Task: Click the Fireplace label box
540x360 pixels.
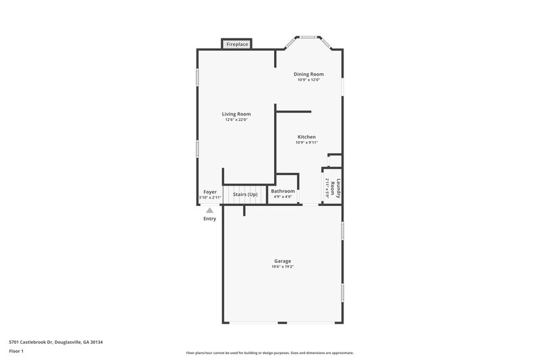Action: [x=237, y=45]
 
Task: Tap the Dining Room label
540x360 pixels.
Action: [x=308, y=74]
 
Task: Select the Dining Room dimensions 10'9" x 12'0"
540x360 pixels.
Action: [x=308, y=80]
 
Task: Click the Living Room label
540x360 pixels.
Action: [x=236, y=114]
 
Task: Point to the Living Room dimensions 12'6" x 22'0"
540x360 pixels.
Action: [x=236, y=120]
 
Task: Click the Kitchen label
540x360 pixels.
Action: [x=306, y=137]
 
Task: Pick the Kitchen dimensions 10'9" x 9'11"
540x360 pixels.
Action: [x=306, y=143]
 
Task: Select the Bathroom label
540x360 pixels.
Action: [x=283, y=191]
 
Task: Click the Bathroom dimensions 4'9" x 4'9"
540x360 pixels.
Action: [x=283, y=197]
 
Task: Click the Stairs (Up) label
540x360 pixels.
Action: [x=245, y=195]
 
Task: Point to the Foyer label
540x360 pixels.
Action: [x=210, y=192]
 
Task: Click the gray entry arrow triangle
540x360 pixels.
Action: [x=210, y=210]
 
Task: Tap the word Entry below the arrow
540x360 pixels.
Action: [x=210, y=219]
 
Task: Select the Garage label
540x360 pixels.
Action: [x=283, y=261]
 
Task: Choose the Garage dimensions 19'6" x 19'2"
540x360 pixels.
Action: [x=283, y=267]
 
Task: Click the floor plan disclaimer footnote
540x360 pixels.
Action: [x=269, y=353]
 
